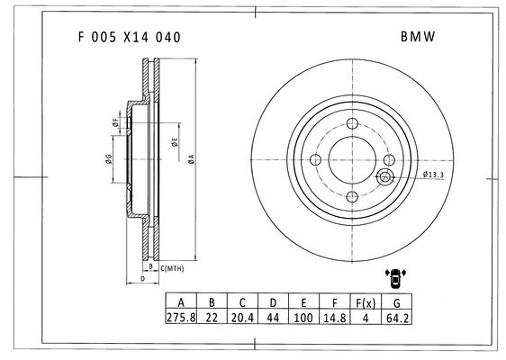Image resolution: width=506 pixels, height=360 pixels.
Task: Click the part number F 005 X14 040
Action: pos(129,38)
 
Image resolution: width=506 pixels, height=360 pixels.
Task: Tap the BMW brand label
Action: pos(418,37)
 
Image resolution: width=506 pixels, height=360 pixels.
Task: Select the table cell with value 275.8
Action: pos(181,318)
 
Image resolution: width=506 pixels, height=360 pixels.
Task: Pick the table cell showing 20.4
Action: pos(242,318)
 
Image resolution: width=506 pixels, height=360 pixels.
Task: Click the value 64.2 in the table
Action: pos(397,318)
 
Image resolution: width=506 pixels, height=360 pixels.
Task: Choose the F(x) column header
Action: pos(366,303)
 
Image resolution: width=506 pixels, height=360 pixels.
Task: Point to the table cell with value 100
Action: pos(303,318)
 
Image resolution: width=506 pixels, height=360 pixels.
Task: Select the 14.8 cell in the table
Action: pos(335,318)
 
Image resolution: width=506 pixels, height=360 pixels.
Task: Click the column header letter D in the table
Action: pos(273,302)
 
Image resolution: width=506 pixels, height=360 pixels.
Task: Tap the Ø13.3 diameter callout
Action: pos(433,175)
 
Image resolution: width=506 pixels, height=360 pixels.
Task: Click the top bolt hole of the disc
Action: pos(352,123)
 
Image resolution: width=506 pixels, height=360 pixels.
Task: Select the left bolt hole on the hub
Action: pos(315,159)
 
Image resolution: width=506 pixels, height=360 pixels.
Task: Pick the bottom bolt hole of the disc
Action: pos(352,196)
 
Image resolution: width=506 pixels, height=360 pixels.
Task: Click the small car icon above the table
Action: pos(395,278)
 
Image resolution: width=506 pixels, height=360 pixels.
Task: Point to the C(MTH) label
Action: pos(172,268)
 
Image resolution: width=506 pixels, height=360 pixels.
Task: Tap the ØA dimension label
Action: pos(192,159)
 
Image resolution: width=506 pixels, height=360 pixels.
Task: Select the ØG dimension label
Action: pos(108,158)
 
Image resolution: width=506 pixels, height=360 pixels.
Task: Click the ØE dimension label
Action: pos(175,142)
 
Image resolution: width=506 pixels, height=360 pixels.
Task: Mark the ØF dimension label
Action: pos(115,122)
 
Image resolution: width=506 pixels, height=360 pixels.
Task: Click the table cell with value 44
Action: pos(273,318)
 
